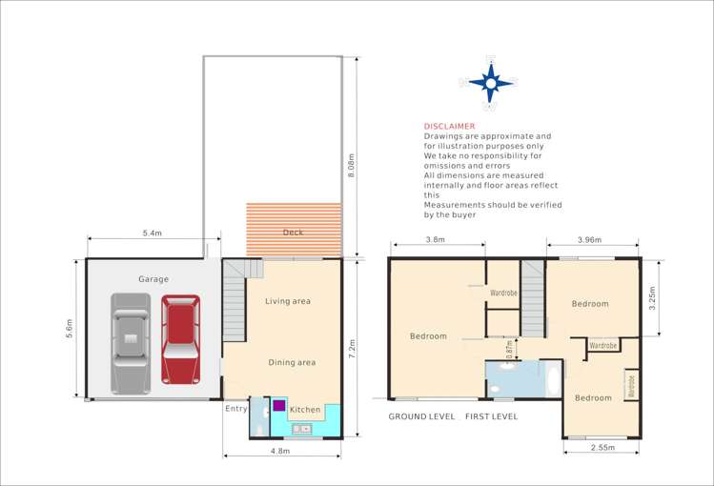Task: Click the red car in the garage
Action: pos(179,338)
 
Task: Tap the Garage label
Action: pos(153,279)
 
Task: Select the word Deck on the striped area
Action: pos(293,232)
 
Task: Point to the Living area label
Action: pos(288,301)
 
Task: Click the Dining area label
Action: pos(291,362)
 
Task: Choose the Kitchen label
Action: pos(305,409)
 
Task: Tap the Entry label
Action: pos(235,408)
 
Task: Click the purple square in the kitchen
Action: pos(279,405)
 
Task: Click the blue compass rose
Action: pos(490,82)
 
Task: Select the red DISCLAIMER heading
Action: pos(450,126)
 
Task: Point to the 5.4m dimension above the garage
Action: pos(152,233)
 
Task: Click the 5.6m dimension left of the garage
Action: pos(68,329)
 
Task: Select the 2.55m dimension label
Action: pos(602,446)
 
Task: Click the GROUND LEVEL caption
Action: pos(420,417)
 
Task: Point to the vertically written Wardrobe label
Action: pos(630,386)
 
